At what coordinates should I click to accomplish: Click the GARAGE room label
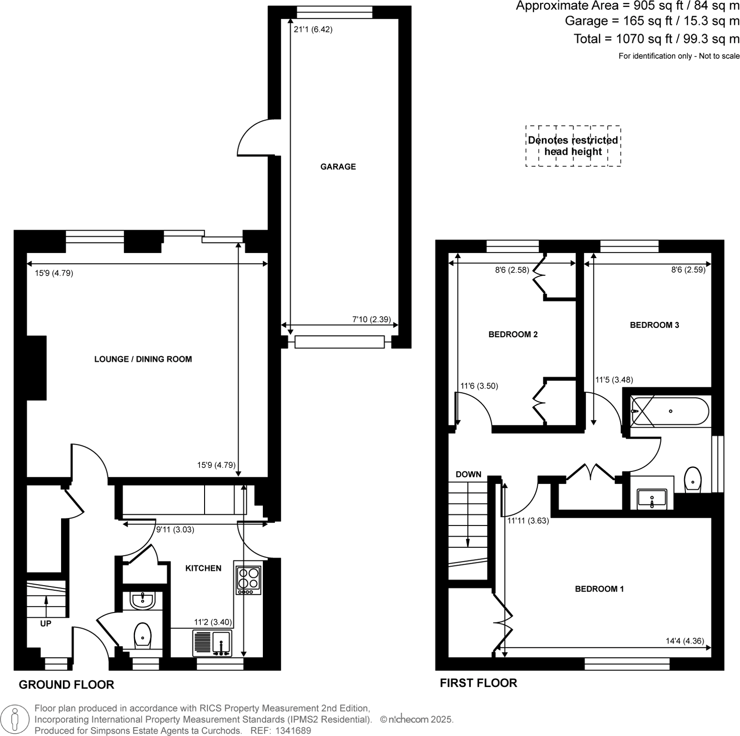pyautogui.click(x=338, y=167)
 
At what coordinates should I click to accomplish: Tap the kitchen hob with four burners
pyautogui.click(x=248, y=579)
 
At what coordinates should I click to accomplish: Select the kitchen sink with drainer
pyautogui.click(x=212, y=643)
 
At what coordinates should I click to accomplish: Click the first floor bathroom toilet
pyautogui.click(x=693, y=479)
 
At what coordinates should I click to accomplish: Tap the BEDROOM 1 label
pyautogui.click(x=599, y=589)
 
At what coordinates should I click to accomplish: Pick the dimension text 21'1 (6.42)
pyautogui.click(x=313, y=29)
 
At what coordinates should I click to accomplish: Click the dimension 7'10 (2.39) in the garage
pyautogui.click(x=371, y=320)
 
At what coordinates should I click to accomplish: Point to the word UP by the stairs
pyautogui.click(x=46, y=623)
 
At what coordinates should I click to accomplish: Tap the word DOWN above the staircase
pyautogui.click(x=468, y=474)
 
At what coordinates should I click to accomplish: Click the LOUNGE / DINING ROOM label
pyautogui.click(x=143, y=359)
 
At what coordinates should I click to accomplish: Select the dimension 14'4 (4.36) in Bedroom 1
pyautogui.click(x=685, y=641)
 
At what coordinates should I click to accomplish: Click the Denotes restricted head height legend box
pyautogui.click(x=573, y=146)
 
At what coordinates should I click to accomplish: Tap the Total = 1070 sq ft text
pyautogui.click(x=656, y=39)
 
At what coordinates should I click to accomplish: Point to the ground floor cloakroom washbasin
pyautogui.click(x=143, y=601)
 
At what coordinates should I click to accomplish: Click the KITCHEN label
pyautogui.click(x=203, y=568)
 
